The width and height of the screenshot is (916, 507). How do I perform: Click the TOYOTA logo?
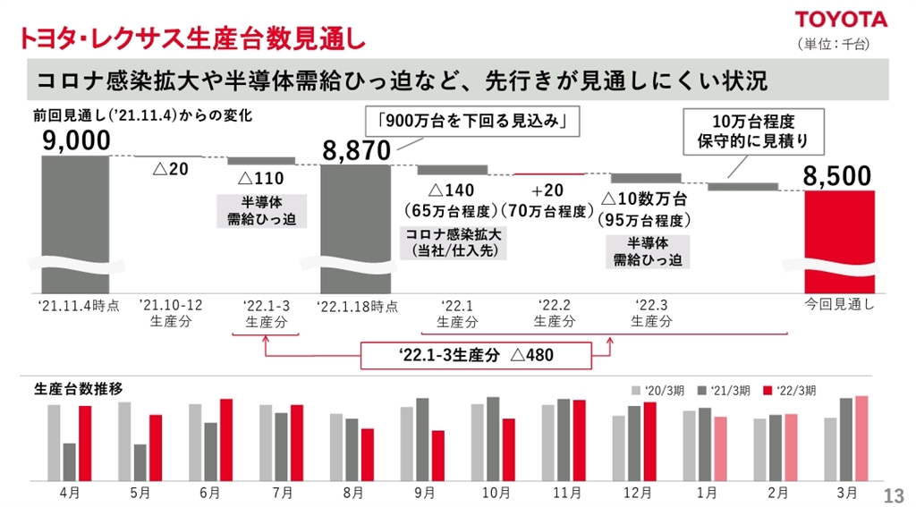pos(842,19)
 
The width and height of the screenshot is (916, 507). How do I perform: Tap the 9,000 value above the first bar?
pos(75,140)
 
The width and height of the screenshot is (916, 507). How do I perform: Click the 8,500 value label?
pos(836,177)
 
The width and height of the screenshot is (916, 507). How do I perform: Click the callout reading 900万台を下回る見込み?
pos(473,122)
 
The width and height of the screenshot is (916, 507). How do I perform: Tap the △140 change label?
pos(452,190)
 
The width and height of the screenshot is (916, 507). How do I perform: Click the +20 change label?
pos(548,190)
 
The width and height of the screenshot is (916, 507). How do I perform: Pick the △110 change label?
pos(260,179)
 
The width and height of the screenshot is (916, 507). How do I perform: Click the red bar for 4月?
pos(84,442)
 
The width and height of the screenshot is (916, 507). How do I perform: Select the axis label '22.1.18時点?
pos(357,306)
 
